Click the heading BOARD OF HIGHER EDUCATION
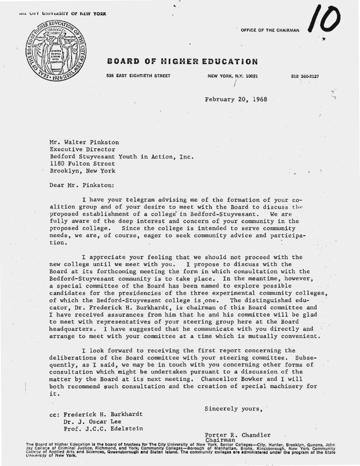pos(182,61)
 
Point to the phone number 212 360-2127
pos(305,76)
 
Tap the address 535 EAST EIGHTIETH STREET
pos(138,76)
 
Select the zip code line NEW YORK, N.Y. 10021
pos(233,76)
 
